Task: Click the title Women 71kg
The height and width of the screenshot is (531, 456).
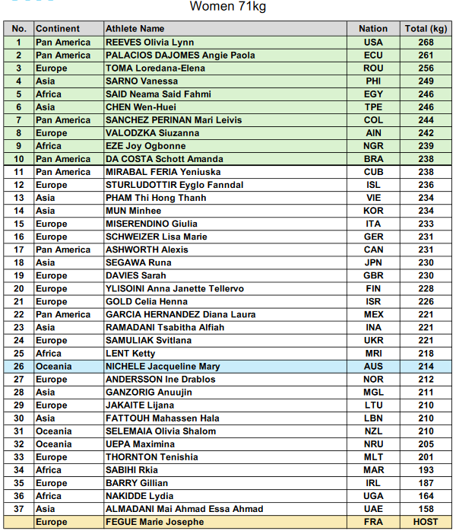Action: [227, 8]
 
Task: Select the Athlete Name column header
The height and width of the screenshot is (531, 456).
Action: [135, 29]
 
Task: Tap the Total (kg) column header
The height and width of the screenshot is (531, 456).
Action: [426, 29]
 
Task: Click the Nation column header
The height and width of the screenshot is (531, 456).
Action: [373, 29]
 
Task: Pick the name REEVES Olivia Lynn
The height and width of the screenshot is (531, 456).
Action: [150, 43]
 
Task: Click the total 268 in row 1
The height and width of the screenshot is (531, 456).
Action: [426, 43]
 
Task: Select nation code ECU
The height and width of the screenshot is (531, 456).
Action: [373, 56]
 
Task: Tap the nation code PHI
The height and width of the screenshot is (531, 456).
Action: [373, 81]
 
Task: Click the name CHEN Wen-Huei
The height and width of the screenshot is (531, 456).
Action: [141, 107]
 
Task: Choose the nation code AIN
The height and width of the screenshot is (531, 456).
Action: [373, 133]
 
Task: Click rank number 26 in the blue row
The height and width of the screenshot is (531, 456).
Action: [19, 366]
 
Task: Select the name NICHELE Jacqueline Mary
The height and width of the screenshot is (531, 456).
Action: [163, 366]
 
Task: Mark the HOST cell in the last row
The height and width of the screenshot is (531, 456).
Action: [426, 522]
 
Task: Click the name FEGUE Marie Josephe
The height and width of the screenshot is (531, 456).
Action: [154, 522]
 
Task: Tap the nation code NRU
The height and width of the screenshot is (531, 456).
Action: [373, 444]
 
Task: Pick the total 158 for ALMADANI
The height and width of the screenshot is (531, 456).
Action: [426, 509]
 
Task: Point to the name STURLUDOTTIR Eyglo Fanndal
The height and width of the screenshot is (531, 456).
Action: [175, 185]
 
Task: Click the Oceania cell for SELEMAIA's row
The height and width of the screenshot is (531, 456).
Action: [53, 431]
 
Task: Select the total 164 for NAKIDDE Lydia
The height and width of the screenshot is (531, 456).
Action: [426, 496]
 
